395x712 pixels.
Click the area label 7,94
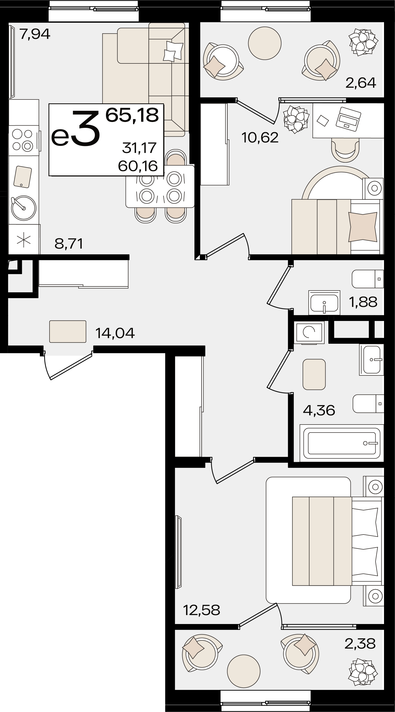point(35,34)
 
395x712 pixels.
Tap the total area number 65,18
point(132,115)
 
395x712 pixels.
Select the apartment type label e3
point(75,129)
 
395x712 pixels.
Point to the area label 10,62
point(260,137)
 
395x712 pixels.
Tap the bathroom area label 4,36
point(319,410)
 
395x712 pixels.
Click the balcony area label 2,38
point(360,644)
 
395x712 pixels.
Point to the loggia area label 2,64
point(361,83)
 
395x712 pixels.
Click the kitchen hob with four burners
point(24,140)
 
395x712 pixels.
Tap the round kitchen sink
point(23,208)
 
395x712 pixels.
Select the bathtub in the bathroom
point(342,443)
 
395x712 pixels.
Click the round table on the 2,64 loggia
point(265,43)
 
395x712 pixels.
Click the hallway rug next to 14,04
point(68,331)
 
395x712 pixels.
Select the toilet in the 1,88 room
point(368,279)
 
